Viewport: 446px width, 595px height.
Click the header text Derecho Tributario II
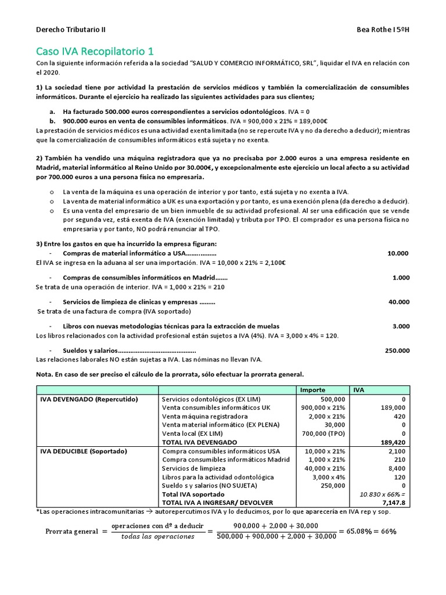tap(71, 29)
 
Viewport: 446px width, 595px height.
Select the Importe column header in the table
tap(312, 390)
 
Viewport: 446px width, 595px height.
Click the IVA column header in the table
tap(359, 390)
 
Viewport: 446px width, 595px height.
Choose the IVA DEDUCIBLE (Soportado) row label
tap(83, 451)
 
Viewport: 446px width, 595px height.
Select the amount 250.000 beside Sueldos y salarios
tap(397, 350)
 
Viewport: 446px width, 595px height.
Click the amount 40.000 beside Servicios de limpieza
tap(399, 302)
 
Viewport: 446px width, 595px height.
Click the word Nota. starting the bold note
tap(44, 375)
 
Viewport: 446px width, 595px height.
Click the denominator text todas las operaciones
tap(157, 536)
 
